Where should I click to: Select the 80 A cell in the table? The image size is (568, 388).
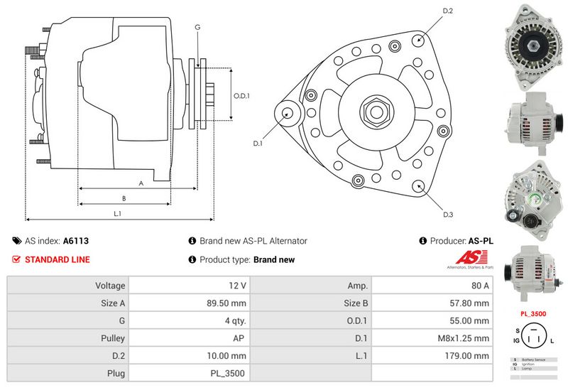[481, 286]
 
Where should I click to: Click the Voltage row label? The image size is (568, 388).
[110, 286]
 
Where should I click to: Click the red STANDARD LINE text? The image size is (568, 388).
[57, 259]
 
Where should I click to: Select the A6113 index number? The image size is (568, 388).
[76, 241]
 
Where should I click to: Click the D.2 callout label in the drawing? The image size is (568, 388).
[448, 11]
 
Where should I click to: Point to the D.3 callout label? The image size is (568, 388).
[448, 215]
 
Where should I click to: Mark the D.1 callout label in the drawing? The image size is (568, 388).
[258, 144]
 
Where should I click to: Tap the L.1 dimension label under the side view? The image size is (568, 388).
[118, 213]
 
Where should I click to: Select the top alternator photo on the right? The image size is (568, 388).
[532, 46]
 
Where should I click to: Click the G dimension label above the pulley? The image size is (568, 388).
[197, 27]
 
